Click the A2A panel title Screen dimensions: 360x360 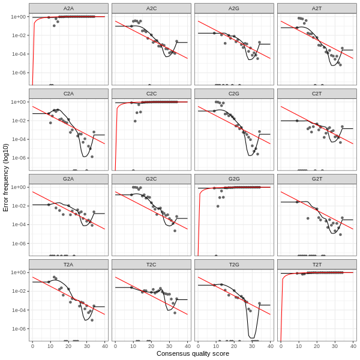[x=68, y=8]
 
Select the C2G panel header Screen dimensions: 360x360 [x=234, y=94]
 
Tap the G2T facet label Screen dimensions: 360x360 [x=317, y=179]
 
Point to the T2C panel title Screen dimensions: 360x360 [x=151, y=264]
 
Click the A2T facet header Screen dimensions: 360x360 [x=317, y=8]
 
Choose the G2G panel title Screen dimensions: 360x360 [x=234, y=179]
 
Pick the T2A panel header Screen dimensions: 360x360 [x=68, y=264]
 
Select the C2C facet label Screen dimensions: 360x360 [x=151, y=94]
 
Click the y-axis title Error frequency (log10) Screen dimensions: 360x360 [x=6, y=177]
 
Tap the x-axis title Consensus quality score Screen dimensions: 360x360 [x=193, y=353]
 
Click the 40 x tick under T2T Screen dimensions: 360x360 [x=353, y=346]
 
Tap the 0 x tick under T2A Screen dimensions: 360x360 [x=32, y=346]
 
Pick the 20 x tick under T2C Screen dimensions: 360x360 [x=151, y=346]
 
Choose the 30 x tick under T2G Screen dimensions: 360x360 [x=252, y=346]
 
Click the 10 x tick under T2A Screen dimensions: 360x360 [x=50, y=346]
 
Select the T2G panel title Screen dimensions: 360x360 [x=234, y=264]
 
